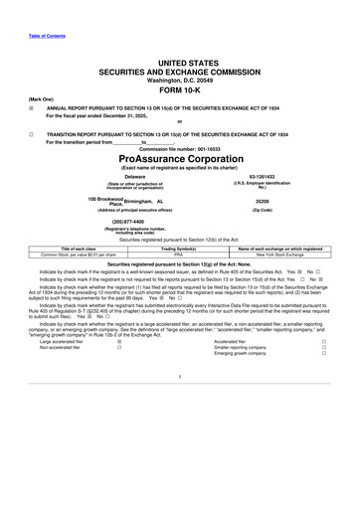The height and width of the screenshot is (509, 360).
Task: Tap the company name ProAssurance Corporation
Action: click(x=179, y=157)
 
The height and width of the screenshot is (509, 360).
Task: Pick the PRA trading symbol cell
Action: click(x=179, y=254)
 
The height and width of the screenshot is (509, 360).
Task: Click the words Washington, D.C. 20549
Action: click(x=179, y=72)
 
